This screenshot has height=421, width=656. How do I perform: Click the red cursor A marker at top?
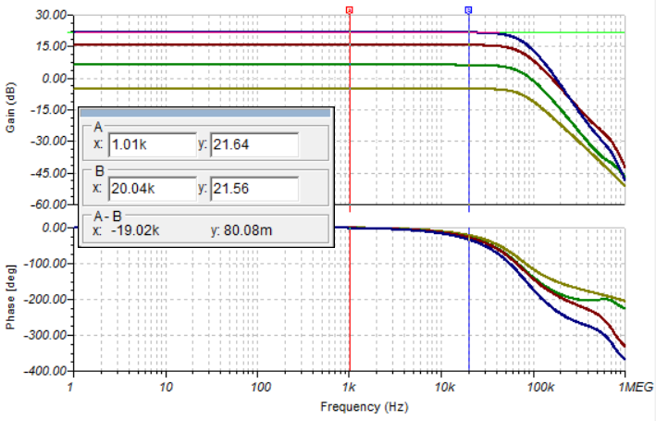coord(350,9)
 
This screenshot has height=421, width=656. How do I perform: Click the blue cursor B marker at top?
coord(468,9)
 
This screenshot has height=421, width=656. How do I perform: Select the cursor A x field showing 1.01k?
coord(151,144)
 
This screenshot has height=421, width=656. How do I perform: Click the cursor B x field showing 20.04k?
coord(151,189)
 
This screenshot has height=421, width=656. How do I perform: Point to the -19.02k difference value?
coord(130,230)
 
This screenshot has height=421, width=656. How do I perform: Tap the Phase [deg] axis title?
coord(11,298)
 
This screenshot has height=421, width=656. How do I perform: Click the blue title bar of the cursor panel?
coord(204,112)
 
